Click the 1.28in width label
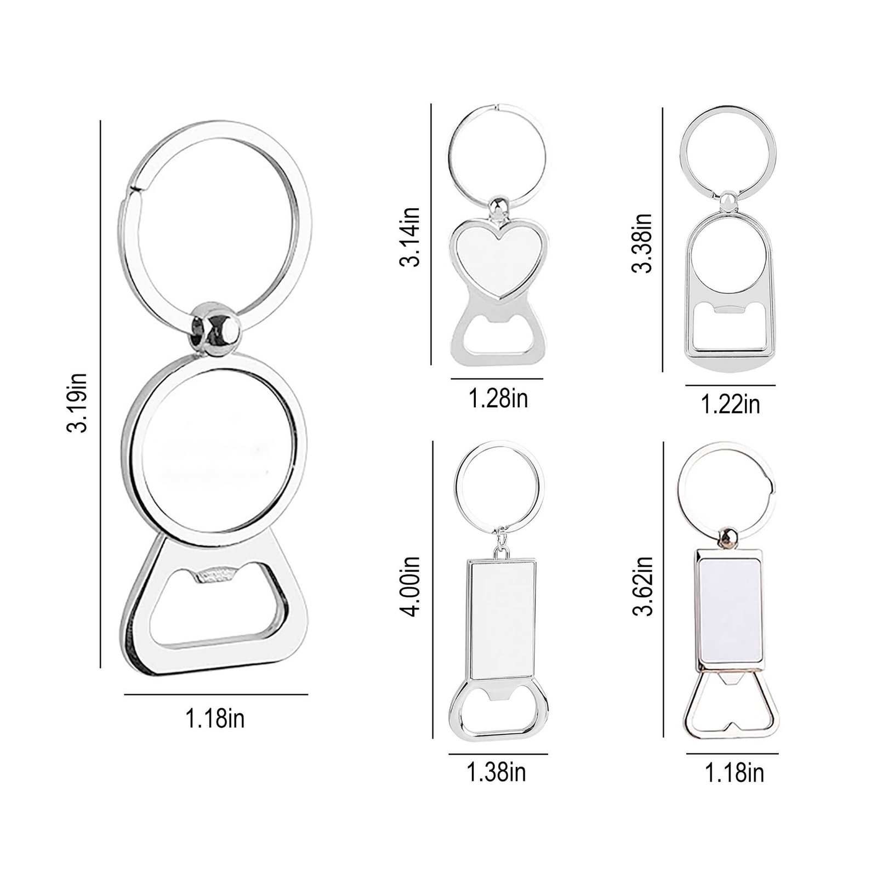498,398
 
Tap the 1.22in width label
731,405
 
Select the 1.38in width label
496,772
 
